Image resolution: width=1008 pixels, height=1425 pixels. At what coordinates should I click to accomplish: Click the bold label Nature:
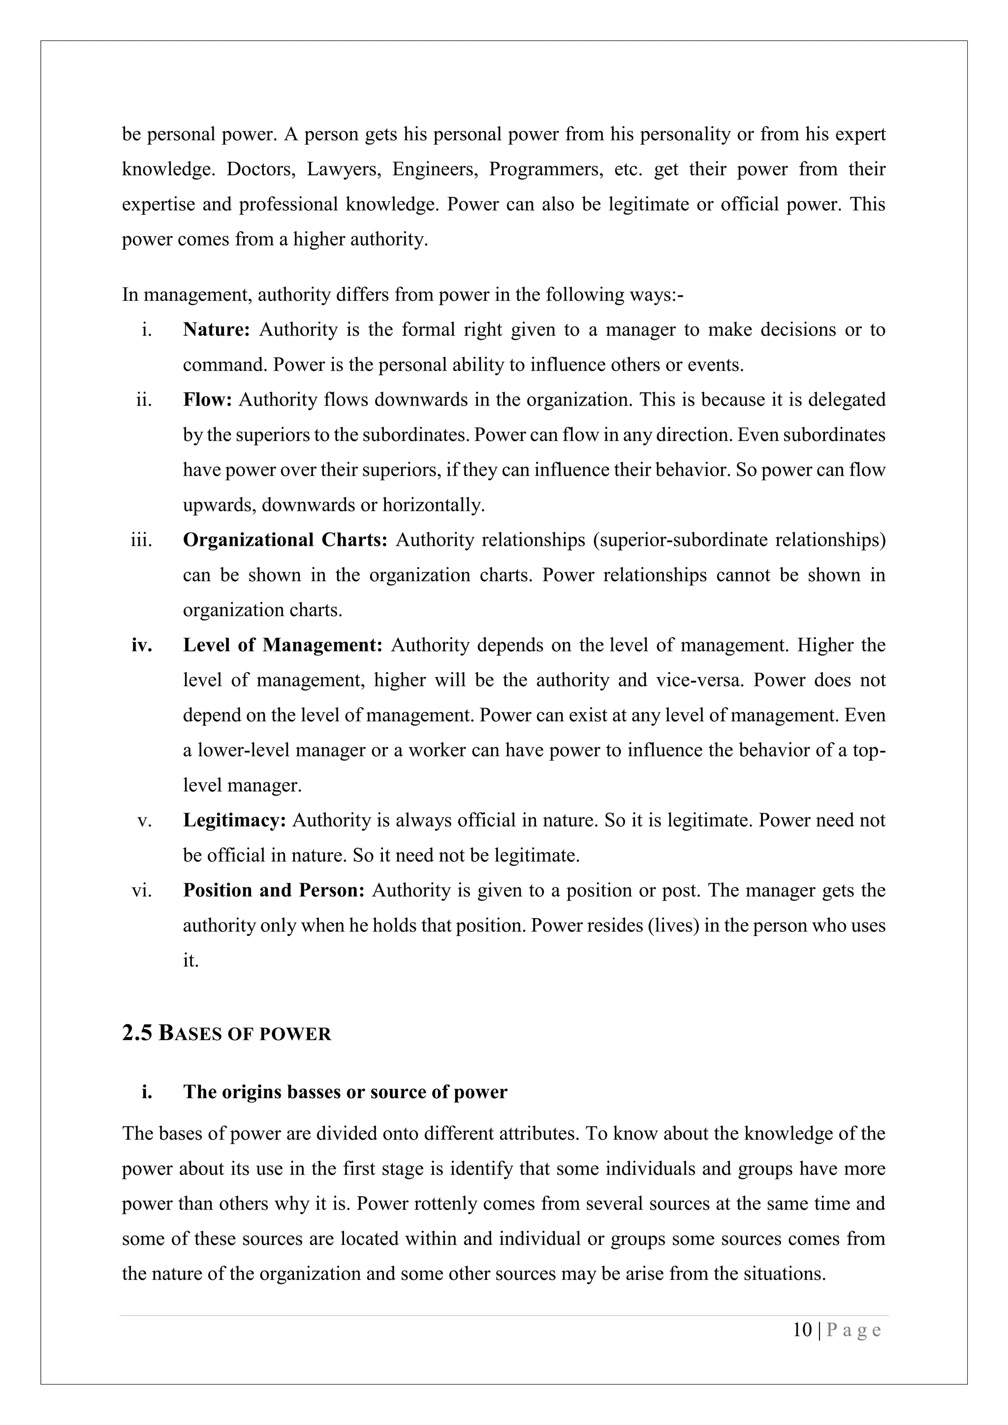216,330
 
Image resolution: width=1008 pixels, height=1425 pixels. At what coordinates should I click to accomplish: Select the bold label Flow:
207,400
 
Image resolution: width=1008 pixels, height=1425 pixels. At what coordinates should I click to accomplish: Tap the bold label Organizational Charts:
285,540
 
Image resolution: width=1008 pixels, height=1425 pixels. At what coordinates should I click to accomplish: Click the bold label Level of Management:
283,646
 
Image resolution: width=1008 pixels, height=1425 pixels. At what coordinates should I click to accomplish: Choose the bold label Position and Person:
274,891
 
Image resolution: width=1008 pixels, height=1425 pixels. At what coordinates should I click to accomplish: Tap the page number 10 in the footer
802,1330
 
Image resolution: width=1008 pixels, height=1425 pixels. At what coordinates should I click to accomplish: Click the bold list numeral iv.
142,646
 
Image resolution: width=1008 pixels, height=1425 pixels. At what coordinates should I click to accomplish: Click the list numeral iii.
142,540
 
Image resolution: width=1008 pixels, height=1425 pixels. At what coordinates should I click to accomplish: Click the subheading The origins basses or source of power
345,1092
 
